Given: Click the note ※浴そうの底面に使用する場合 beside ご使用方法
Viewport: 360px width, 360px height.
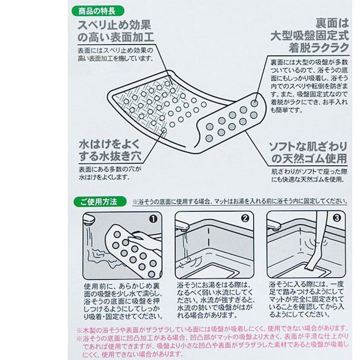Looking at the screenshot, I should tap(241, 201).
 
